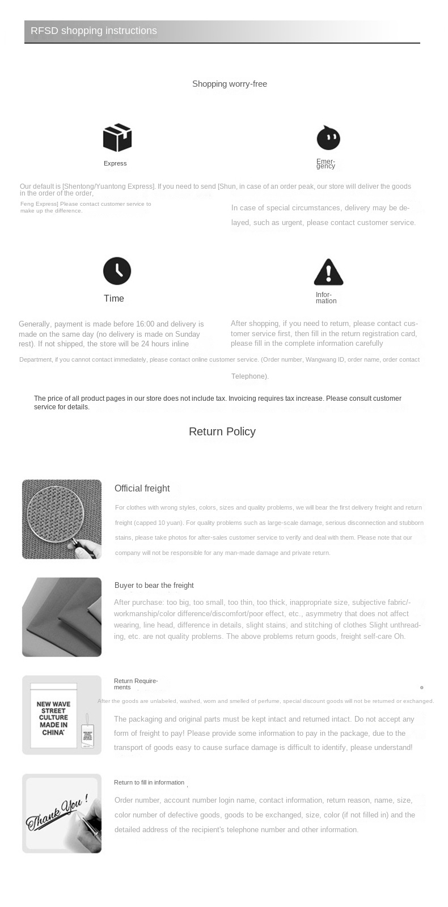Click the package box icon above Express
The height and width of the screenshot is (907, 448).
[117, 138]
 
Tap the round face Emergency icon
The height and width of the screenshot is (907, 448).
[328, 138]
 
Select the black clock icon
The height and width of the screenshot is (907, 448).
[117, 271]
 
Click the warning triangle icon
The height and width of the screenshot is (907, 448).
[328, 272]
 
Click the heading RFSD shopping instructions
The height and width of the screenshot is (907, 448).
[94, 31]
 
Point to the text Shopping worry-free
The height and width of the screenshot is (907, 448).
[229, 84]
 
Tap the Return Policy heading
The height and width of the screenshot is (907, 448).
[222, 431]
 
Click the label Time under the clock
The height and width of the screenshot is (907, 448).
[113, 299]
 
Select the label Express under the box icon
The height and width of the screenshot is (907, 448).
[115, 163]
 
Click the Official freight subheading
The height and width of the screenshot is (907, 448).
[142, 488]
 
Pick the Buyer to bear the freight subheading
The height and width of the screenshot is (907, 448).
[154, 585]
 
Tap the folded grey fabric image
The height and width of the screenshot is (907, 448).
[61, 617]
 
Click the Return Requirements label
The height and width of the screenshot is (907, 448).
[136, 684]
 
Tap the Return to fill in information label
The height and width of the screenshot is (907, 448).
[149, 782]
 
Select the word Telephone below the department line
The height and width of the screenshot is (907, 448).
[249, 376]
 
